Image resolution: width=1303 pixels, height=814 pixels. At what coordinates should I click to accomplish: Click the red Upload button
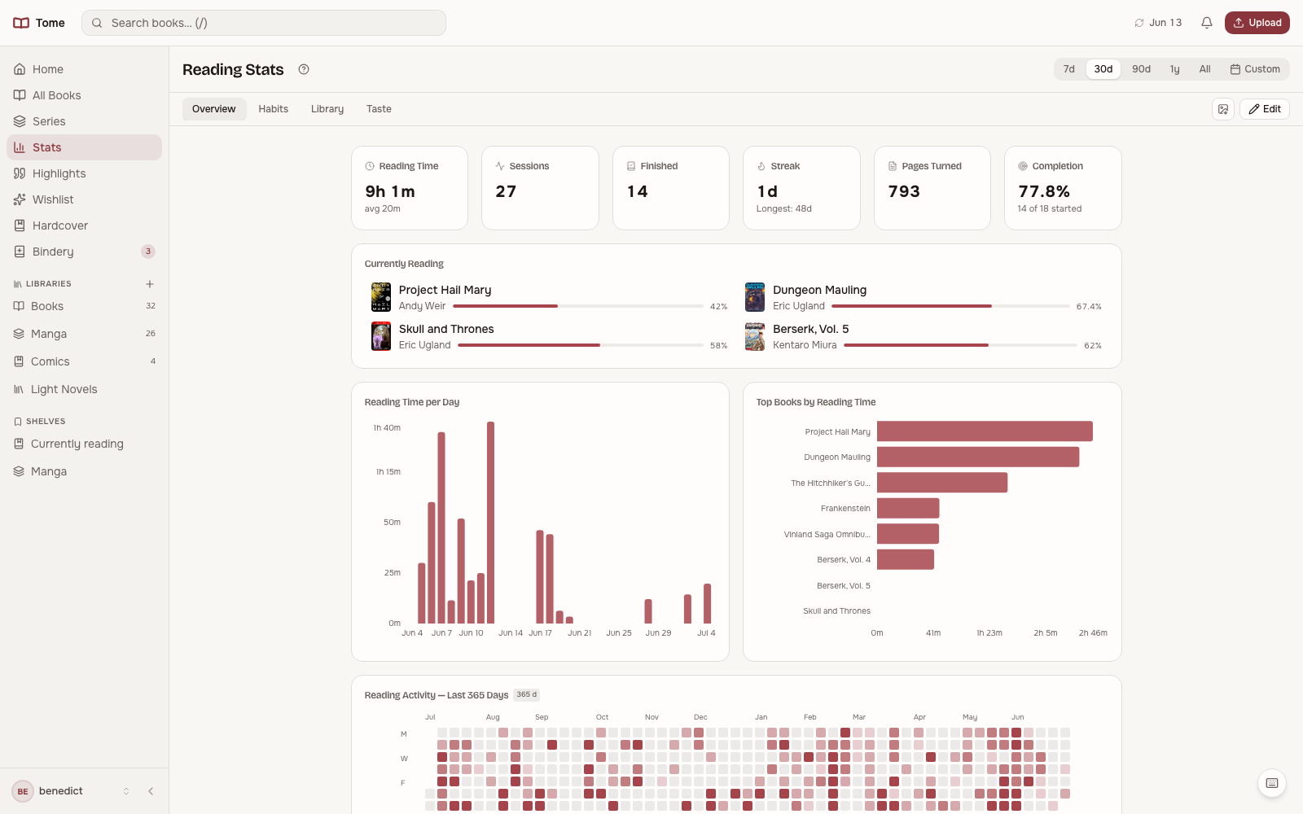[1257, 23]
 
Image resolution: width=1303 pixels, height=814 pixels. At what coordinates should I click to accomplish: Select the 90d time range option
[1141, 69]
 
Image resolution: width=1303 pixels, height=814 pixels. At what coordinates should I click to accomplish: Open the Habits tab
[273, 109]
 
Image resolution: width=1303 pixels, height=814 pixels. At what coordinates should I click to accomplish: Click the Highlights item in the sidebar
[59, 173]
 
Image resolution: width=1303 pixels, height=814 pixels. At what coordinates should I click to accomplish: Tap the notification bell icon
[1207, 23]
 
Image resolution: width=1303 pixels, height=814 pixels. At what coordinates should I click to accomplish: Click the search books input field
[264, 23]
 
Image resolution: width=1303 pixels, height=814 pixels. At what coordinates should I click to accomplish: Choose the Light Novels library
[64, 389]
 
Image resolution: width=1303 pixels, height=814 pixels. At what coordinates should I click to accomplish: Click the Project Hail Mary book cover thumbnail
[381, 297]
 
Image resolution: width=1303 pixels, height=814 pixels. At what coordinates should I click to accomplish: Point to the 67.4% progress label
[1088, 306]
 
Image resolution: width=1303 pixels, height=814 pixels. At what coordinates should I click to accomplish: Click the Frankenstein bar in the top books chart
[907, 508]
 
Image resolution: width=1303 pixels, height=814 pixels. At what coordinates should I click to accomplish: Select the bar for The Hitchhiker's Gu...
[941, 483]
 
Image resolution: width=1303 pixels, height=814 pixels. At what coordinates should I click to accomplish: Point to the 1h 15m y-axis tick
[388, 471]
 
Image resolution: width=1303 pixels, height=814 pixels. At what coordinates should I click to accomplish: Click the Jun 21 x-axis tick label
[579, 632]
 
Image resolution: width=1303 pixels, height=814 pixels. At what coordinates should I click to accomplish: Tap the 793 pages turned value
[903, 191]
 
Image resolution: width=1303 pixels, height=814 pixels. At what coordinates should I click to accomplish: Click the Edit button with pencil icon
[1264, 109]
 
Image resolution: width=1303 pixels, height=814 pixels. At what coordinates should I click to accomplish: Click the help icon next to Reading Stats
[304, 69]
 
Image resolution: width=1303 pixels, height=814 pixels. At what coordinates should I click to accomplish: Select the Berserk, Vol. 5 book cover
[754, 337]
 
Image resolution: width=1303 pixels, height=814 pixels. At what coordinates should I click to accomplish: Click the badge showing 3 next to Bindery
[147, 252]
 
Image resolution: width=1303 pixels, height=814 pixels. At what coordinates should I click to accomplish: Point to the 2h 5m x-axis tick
[1045, 632]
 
